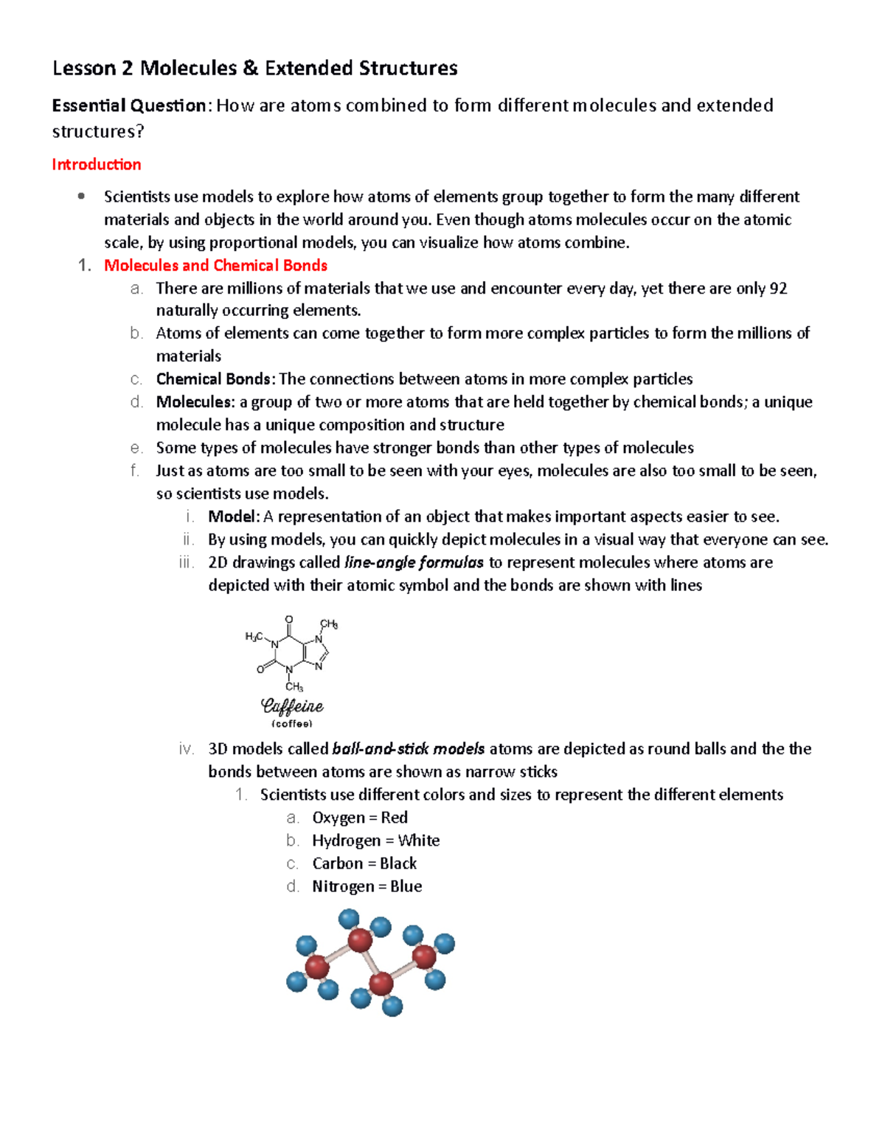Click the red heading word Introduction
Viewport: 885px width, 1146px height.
96,165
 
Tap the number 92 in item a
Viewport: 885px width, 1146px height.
778,289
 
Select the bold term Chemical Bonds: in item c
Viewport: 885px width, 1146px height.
216,379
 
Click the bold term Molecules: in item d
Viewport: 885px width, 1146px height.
195,402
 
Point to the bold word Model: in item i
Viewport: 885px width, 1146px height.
234,517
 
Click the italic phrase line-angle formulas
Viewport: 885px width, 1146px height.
414,563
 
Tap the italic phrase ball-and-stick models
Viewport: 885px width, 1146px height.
408,749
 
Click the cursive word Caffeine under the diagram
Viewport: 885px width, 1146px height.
293,707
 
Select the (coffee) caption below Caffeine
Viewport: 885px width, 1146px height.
292,724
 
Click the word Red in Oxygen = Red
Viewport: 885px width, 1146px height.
394,818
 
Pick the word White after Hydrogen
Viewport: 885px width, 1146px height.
418,840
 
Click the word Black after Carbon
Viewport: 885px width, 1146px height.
398,863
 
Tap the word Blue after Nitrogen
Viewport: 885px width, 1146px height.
406,886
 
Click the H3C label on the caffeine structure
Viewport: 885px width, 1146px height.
254,637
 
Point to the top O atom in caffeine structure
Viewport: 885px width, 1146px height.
289,620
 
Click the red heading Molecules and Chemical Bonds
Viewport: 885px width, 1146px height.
215,266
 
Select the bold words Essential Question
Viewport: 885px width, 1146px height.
129,106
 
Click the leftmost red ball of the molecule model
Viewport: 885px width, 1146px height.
317,967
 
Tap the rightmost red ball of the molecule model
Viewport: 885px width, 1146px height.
424,957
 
